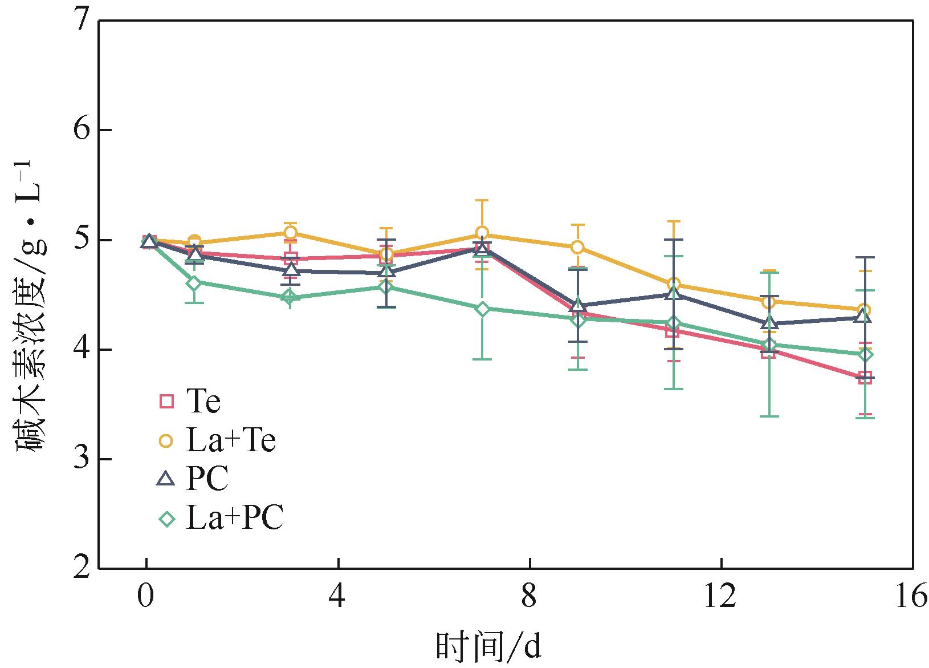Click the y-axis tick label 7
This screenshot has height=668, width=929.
point(81,21)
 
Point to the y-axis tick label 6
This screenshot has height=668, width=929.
point(81,130)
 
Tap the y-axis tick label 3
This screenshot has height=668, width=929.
point(81,459)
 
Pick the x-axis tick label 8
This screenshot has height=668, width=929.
point(530,597)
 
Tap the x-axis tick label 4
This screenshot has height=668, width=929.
point(339,597)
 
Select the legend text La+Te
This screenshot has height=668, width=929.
point(231,440)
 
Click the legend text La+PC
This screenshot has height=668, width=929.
point(234,519)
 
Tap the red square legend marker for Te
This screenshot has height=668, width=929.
point(166,402)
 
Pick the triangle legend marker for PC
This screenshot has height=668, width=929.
point(166,479)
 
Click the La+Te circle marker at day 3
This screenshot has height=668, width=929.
point(290,233)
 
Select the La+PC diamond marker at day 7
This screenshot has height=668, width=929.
point(482,309)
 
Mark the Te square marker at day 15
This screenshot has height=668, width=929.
point(865,377)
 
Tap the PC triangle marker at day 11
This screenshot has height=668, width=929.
point(674,294)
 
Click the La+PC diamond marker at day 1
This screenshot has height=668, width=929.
point(194,283)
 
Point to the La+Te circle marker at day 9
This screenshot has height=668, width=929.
point(577,247)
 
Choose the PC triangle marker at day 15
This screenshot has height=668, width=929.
point(865,317)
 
